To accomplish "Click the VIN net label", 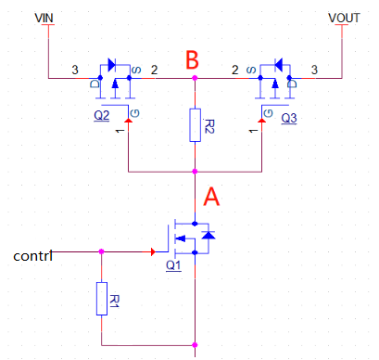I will pyautogui.click(x=45, y=18).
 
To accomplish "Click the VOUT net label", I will pyautogui.click(x=343, y=18).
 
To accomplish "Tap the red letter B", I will pyautogui.click(x=193, y=61).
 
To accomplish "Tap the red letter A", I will pyautogui.click(x=212, y=197).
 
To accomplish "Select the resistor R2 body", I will pyautogui.click(x=195, y=125).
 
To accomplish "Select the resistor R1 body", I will pyautogui.click(x=101, y=299).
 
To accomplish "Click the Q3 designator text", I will pyautogui.click(x=288, y=119).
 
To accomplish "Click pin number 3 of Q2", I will pyautogui.click(x=74, y=70).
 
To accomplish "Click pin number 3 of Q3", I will pyautogui.click(x=315, y=70).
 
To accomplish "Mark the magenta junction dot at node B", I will pyautogui.click(x=195, y=78).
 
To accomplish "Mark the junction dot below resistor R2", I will pyautogui.click(x=195, y=172).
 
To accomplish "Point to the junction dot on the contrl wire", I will pyautogui.click(x=101, y=251).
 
